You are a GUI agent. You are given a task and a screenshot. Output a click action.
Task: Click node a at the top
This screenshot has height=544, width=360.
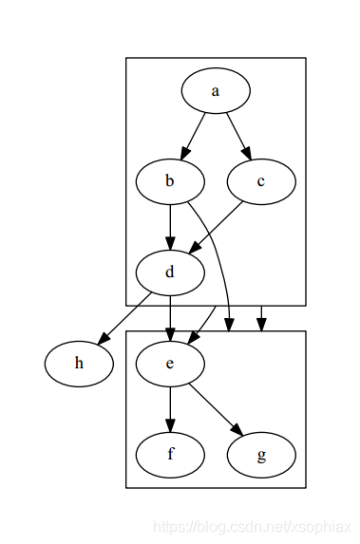216,91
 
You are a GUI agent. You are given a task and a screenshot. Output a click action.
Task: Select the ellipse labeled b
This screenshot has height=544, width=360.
170,181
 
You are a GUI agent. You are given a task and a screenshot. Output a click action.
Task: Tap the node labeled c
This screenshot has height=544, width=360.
261,181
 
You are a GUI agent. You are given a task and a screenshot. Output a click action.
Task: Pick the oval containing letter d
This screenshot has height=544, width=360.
170,272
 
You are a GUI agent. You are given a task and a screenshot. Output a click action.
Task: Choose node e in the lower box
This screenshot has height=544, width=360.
170,364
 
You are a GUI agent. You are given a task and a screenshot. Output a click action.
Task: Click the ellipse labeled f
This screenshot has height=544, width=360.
170,454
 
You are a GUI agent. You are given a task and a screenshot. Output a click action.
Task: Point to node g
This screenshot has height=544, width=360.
261,454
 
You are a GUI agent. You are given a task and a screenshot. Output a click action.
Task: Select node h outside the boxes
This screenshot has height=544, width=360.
79,364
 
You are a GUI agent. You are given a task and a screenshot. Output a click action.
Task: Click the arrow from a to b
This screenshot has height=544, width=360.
194,135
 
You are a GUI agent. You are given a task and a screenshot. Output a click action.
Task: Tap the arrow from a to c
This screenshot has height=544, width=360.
237,135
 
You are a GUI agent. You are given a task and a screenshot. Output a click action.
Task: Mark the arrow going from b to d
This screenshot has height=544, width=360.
170,226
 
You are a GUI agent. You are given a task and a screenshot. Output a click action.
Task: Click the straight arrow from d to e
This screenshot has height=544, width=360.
170,316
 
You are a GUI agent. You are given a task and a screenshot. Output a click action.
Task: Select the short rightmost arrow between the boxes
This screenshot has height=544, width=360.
261,318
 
